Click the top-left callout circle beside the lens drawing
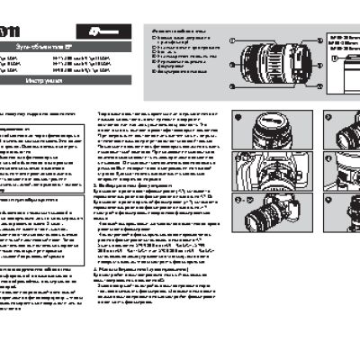point(232,40)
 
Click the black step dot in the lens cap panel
point(238,115)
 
